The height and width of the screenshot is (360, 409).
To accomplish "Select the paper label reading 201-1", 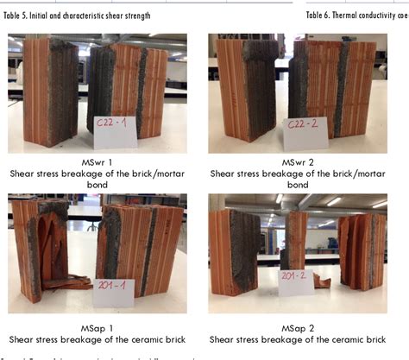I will (x=115, y=292).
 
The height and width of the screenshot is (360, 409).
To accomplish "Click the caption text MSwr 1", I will (x=100, y=162).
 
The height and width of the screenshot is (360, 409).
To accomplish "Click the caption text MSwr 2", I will (x=297, y=162).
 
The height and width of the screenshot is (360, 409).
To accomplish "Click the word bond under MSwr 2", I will (x=297, y=184).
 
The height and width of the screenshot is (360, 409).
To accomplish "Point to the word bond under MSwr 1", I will (x=100, y=184).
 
